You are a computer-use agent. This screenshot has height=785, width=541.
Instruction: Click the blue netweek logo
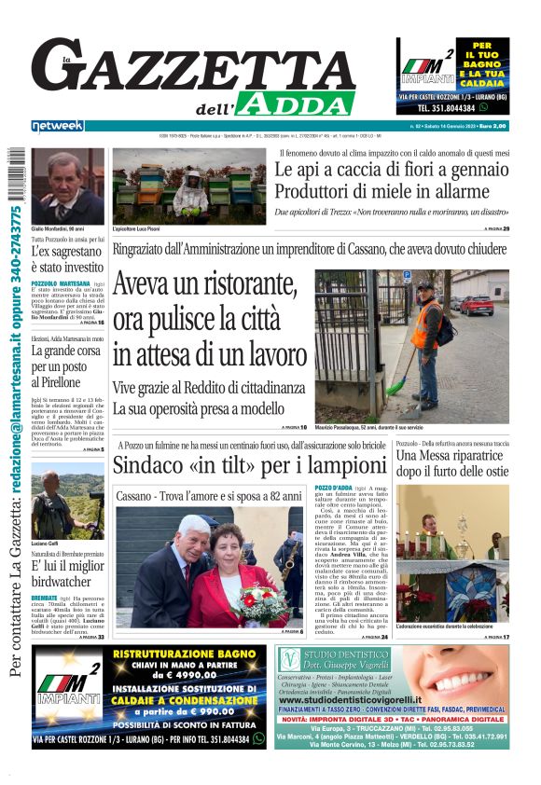pyautogui.click(x=57, y=126)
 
